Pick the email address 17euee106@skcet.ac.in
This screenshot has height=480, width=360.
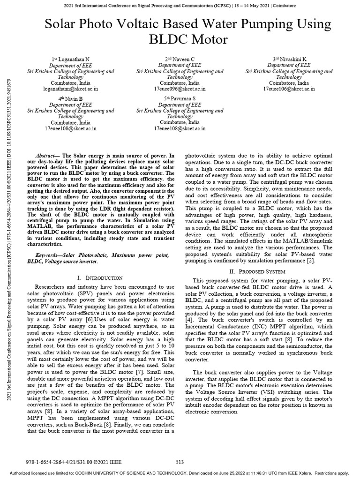(289, 88)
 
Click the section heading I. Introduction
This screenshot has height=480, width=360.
(99, 278)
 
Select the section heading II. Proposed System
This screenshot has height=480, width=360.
(259, 271)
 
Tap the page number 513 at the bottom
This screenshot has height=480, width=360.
(180, 462)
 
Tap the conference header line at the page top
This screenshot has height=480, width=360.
(180, 6)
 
